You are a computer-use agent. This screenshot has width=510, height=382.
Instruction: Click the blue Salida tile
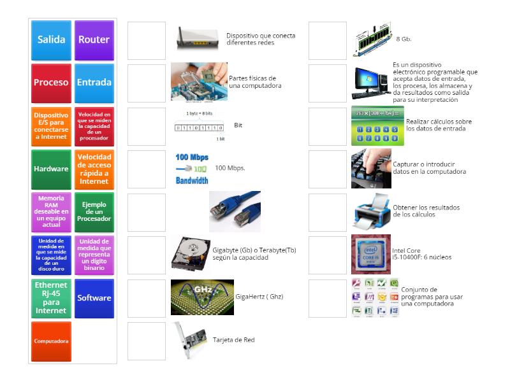(x=51, y=39)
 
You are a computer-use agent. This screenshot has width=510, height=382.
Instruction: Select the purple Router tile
(x=94, y=39)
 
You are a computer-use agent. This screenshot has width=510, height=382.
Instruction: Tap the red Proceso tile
(x=51, y=83)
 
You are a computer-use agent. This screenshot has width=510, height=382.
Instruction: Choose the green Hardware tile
(x=51, y=169)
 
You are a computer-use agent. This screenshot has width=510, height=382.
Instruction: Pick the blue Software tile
(x=94, y=298)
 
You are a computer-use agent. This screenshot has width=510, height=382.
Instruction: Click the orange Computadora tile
(x=51, y=341)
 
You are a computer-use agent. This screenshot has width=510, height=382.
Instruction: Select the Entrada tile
(x=94, y=83)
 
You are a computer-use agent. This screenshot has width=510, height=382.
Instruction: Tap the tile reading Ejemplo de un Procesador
(x=94, y=212)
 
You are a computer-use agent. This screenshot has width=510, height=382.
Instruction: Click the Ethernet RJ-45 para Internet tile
(x=51, y=298)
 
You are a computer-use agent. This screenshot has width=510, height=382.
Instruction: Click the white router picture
(x=198, y=39)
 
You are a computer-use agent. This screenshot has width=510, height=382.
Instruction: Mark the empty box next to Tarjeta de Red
(x=147, y=341)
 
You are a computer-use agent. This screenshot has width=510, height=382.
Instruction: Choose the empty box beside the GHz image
(x=147, y=298)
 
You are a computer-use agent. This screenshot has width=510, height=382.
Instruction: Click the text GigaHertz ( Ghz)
(x=259, y=297)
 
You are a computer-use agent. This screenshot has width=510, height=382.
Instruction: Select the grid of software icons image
(x=375, y=298)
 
